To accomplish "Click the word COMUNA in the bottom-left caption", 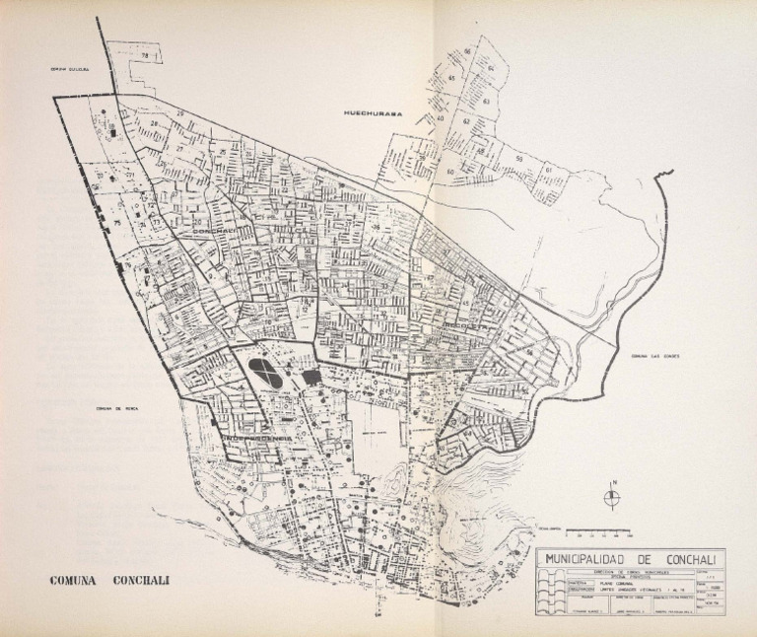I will click(x=77, y=580).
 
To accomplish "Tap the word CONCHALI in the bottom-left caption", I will click(x=141, y=580).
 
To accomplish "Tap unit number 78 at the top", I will click(x=145, y=56).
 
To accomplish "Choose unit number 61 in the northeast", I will click(x=550, y=171).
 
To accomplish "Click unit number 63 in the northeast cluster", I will click(x=487, y=101).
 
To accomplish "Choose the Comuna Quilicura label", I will click(x=71, y=70).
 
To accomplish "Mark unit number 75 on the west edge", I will click(x=117, y=223).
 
